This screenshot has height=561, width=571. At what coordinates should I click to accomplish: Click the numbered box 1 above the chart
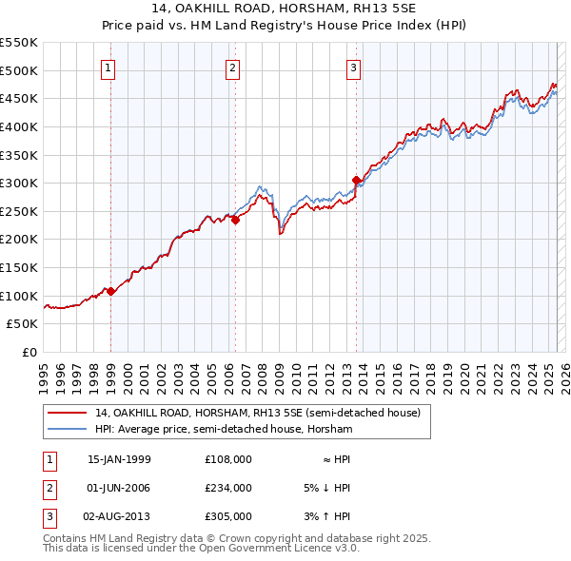coord(108,68)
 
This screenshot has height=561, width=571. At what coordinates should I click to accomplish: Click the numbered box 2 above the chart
coord(232,68)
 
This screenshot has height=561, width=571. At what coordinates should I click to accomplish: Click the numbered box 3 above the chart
coord(353,68)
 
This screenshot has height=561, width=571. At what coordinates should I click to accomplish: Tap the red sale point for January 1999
coord(111,291)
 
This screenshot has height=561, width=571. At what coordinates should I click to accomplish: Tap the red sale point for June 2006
coord(235,220)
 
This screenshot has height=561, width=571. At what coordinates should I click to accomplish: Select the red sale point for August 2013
coord(356,180)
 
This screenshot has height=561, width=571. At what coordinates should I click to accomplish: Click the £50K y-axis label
coord(23,324)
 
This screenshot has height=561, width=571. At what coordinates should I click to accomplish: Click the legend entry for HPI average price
coord(224,430)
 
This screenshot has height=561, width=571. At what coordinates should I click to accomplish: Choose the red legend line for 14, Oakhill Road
coord(67,413)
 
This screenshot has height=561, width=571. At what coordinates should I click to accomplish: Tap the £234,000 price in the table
coord(228,488)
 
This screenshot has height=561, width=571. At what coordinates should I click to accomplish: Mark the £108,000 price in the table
coord(228,459)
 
